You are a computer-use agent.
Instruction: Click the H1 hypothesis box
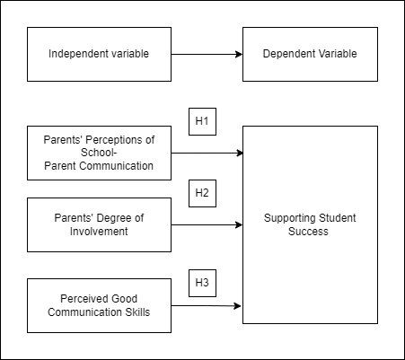click(x=202, y=121)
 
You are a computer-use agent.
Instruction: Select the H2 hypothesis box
click(x=202, y=193)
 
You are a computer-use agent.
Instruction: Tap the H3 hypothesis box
click(x=202, y=283)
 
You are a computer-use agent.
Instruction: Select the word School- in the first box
click(x=99, y=153)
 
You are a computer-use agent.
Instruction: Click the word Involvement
click(x=99, y=232)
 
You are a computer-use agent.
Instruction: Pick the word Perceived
click(x=80, y=299)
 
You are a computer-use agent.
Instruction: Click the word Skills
click(x=137, y=312)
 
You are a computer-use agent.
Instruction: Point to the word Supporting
click(x=286, y=218)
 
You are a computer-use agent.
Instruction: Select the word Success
click(x=308, y=232)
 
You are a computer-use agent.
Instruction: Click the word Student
click(x=333, y=218)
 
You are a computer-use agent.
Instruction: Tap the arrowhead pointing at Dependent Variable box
click(x=239, y=54)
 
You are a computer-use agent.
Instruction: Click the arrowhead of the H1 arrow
click(x=240, y=153)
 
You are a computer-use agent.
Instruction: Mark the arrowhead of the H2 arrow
click(x=239, y=224)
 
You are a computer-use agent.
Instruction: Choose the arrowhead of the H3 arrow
click(x=238, y=305)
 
